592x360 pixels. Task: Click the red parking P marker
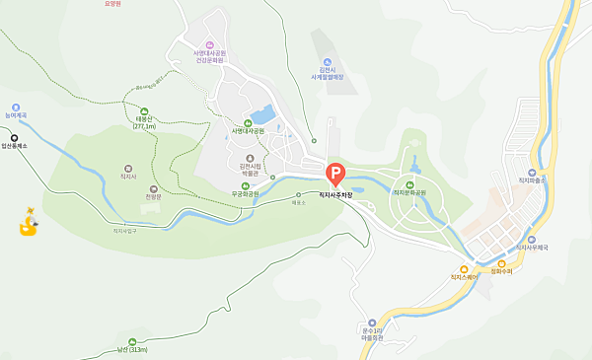[334, 176]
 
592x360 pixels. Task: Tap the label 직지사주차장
[335, 195]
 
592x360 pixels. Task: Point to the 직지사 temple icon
[128, 170]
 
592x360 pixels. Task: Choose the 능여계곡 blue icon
[16, 107]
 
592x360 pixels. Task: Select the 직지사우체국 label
[532, 249]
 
